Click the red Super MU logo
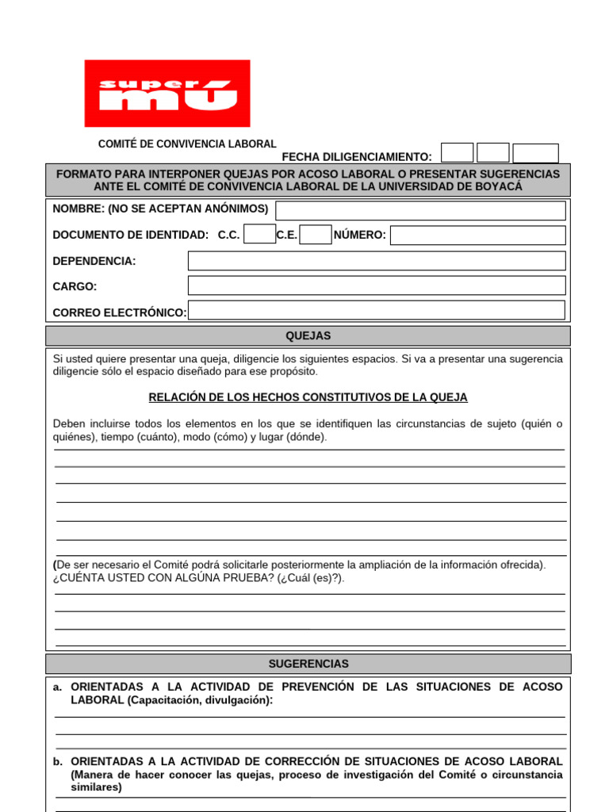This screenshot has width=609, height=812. (167, 94)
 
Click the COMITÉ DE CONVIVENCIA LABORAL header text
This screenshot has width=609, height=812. (187, 144)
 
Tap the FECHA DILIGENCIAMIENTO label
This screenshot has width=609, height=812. (357, 157)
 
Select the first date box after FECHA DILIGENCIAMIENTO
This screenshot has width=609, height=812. (457, 153)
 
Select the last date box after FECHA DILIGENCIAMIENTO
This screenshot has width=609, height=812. (535, 153)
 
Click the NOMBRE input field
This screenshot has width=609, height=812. (420, 210)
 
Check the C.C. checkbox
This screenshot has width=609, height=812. (259, 235)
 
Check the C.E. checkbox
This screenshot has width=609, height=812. (316, 235)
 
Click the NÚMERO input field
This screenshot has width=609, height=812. (477, 236)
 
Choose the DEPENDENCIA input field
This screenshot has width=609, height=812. (377, 261)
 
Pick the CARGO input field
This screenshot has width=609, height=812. (377, 285)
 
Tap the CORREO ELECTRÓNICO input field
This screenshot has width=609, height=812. (377, 311)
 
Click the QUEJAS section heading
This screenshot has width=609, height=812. (308, 336)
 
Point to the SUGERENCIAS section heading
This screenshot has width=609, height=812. (308, 664)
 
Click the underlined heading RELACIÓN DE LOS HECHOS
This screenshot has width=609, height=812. (308, 397)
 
